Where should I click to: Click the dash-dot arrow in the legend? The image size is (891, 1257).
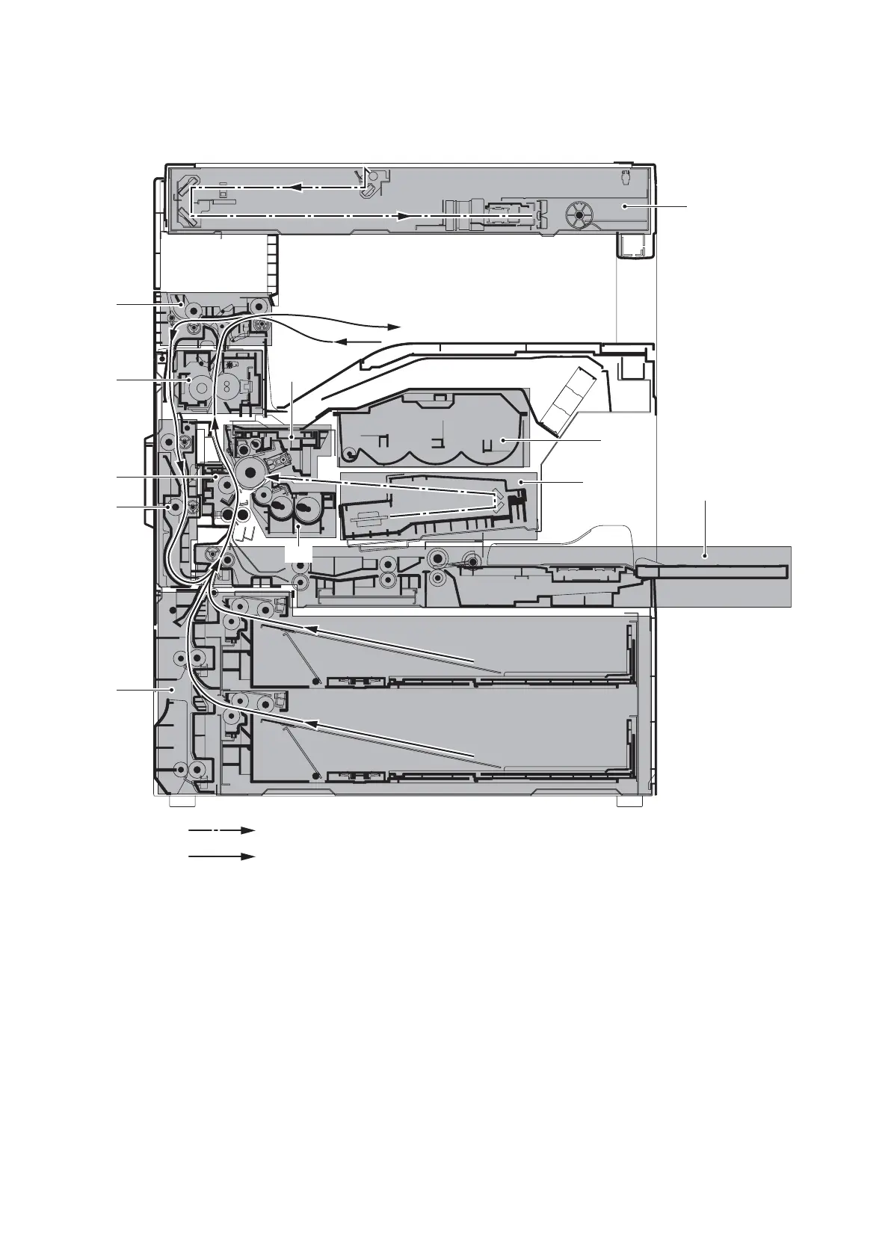click(x=221, y=830)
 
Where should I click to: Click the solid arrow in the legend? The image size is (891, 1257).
click(x=221, y=856)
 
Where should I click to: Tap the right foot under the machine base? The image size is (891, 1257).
click(x=629, y=801)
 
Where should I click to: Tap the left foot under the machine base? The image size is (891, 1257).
click(x=182, y=801)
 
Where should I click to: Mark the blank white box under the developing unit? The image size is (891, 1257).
click(x=298, y=553)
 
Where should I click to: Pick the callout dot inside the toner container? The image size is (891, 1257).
click(x=505, y=442)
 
